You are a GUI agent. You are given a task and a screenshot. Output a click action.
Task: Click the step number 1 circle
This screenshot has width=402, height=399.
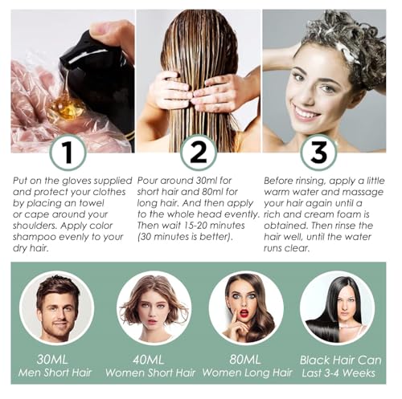[68, 153]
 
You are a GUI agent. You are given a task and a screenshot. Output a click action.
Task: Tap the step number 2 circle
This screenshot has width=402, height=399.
[199, 153]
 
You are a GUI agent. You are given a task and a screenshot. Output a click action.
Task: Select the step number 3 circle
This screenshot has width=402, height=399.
[318, 153]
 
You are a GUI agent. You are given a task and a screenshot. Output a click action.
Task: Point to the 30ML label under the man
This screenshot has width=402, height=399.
[52, 359]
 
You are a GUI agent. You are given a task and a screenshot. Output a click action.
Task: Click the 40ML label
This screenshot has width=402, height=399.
[148, 360]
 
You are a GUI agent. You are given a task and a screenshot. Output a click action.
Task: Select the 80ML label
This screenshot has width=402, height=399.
[245, 359]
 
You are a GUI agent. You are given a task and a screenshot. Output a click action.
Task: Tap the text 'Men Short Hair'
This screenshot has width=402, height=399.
[55, 373]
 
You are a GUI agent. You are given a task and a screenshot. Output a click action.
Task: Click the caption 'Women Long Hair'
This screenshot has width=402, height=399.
[247, 373]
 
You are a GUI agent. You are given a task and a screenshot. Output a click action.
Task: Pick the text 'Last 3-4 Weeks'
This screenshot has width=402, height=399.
[338, 373]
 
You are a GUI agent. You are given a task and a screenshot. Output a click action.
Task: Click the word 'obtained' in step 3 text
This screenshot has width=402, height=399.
[286, 226]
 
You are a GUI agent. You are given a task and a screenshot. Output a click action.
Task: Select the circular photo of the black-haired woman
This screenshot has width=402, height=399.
[337, 307]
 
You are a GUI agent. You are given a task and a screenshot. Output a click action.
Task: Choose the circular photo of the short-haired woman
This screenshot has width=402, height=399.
[154, 307]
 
